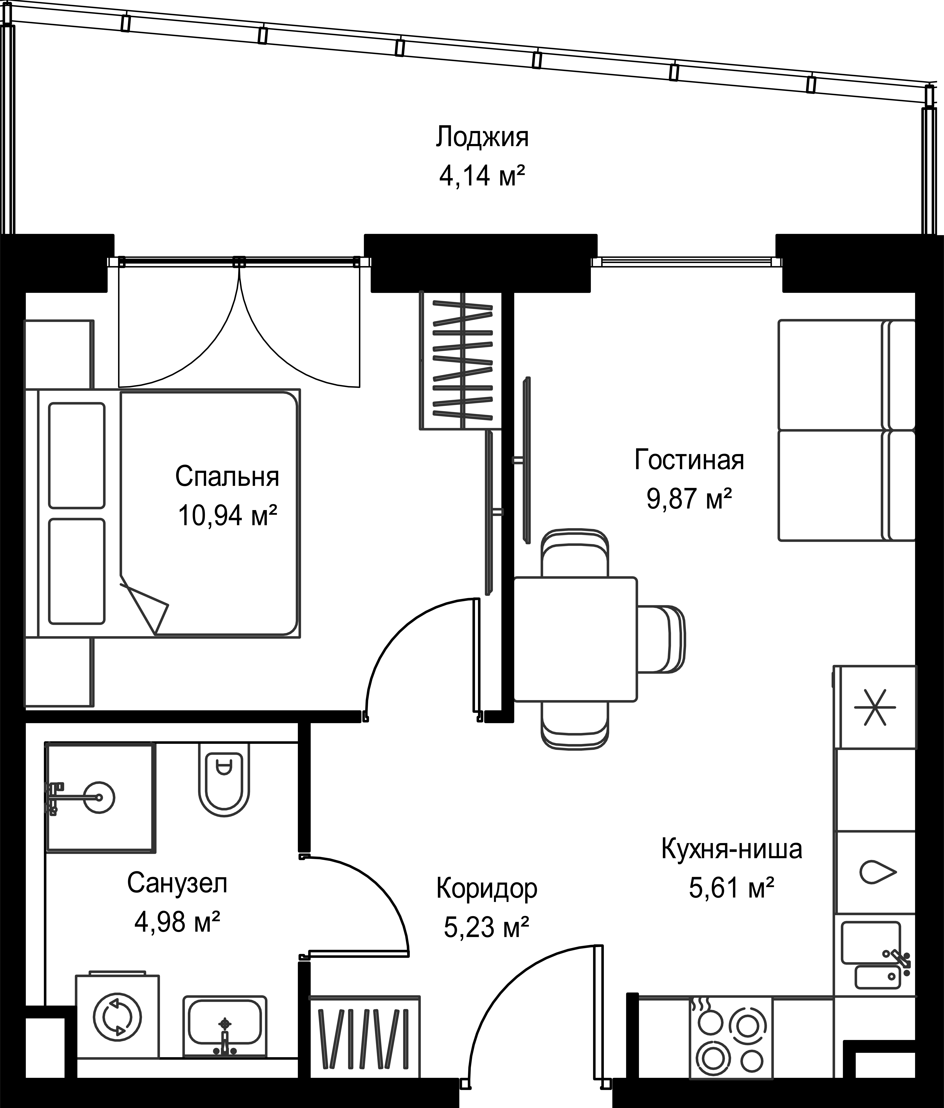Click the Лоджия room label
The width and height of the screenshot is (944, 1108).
tap(482, 137)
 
